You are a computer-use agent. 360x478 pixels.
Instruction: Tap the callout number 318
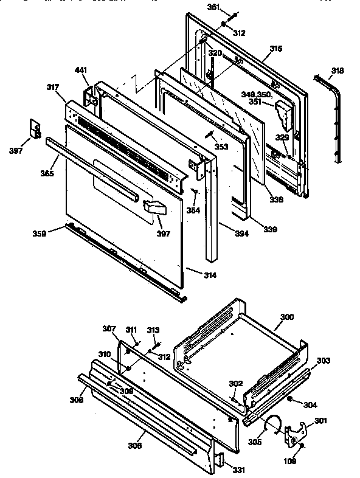337,71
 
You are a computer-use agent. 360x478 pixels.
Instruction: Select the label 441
81,71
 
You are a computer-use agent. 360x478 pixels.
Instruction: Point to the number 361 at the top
213,7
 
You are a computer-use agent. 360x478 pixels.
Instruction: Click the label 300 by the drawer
286,317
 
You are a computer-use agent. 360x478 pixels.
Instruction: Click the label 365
47,174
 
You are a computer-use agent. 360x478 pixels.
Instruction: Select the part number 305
255,442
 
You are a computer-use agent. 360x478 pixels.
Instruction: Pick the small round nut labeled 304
290,400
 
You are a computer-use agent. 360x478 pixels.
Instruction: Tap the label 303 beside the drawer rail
323,361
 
